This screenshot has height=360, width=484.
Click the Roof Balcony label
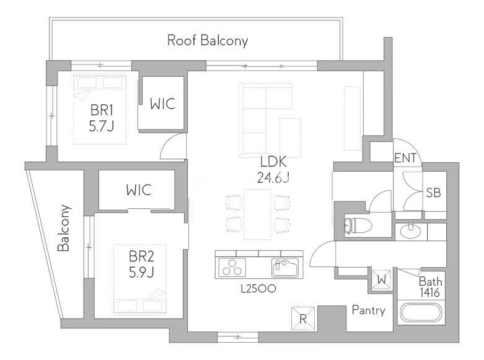(208, 41)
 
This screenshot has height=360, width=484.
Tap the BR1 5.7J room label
(102, 118)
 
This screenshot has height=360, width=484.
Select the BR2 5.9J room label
(141, 265)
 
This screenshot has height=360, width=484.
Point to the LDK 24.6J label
(273, 170)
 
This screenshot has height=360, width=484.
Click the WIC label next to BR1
(162, 104)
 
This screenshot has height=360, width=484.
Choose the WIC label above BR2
(139, 190)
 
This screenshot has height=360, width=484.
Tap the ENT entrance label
(405, 158)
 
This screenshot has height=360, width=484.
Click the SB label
(433, 193)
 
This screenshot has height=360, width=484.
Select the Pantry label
(369, 310)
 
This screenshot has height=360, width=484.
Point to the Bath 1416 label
(430, 287)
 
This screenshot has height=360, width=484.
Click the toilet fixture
(358, 225)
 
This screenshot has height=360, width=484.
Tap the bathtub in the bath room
(421, 312)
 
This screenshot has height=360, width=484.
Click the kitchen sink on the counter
(285, 268)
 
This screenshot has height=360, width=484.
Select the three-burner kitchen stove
(232, 268)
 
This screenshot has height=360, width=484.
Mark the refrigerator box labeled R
(303, 318)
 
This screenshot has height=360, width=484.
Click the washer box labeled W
(382, 279)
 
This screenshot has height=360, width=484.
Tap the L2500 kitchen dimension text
(258, 289)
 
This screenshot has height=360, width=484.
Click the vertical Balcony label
(64, 228)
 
